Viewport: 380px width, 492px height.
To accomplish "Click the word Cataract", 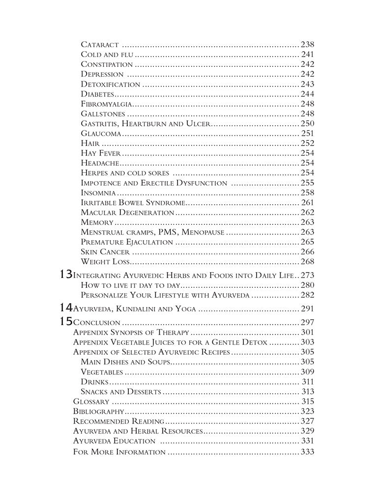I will [x=99, y=45].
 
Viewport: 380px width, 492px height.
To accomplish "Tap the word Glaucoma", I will [x=101, y=133].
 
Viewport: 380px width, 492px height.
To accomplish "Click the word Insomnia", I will [x=98, y=192].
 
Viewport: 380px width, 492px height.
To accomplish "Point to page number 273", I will [x=307, y=275].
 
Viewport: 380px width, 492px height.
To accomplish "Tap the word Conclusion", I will [x=96, y=323].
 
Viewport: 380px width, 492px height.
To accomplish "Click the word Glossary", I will [x=90, y=401].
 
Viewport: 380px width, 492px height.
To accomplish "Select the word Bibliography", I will [x=98, y=411].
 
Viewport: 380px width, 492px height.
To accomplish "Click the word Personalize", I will [x=105, y=295].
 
